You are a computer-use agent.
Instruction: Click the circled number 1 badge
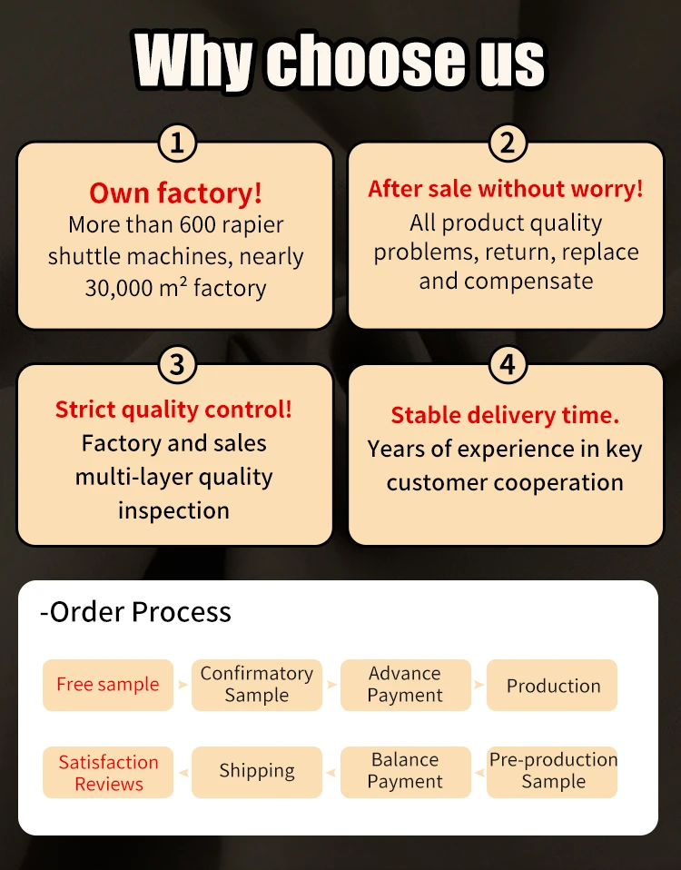point(177,143)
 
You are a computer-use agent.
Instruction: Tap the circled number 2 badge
point(508,143)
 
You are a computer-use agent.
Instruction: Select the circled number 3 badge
point(177,365)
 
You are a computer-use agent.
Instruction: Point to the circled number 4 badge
point(508,365)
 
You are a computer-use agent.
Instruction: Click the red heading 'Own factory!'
point(175,193)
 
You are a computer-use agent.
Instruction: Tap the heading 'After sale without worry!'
point(506,189)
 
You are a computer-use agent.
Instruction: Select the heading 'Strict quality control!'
point(174,410)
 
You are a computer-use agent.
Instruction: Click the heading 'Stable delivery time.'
point(505,415)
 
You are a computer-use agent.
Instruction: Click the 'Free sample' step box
point(108,685)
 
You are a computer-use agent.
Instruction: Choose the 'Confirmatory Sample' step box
point(257,685)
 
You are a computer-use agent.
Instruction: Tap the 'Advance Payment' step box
point(405,685)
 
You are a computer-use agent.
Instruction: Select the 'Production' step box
point(553,686)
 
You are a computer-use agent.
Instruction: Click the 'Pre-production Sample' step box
point(553,771)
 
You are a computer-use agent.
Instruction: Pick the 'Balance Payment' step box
point(405,771)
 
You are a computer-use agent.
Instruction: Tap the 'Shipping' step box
point(257,772)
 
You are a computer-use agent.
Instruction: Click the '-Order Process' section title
point(135,612)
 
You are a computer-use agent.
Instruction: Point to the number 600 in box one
point(197,224)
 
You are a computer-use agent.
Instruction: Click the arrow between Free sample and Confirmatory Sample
point(183,685)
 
